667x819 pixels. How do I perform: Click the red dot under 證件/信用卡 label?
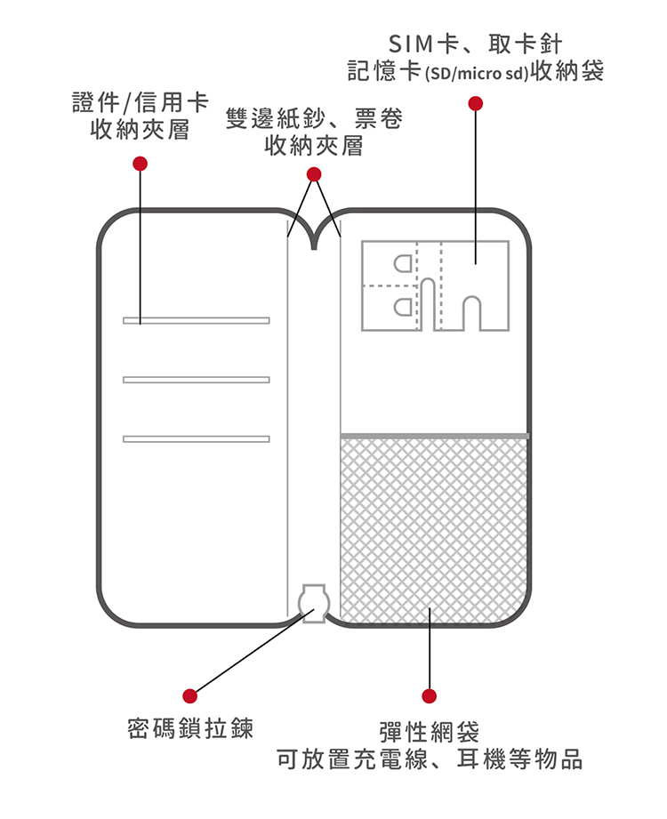[x=139, y=164]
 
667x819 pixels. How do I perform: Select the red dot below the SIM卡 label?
[x=476, y=103]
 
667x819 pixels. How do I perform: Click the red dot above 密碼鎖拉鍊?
[x=189, y=695]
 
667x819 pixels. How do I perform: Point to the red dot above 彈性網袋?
[x=430, y=695]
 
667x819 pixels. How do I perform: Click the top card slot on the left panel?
[x=197, y=320]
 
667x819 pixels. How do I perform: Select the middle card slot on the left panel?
[x=197, y=380]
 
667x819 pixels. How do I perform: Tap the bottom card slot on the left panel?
[x=197, y=438]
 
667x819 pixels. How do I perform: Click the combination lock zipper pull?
[x=313, y=602]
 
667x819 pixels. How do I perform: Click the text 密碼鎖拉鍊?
[x=190, y=730]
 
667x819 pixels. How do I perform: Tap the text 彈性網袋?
[x=430, y=733]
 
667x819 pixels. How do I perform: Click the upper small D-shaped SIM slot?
[x=402, y=264]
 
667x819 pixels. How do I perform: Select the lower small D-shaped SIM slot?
[x=402, y=308]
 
